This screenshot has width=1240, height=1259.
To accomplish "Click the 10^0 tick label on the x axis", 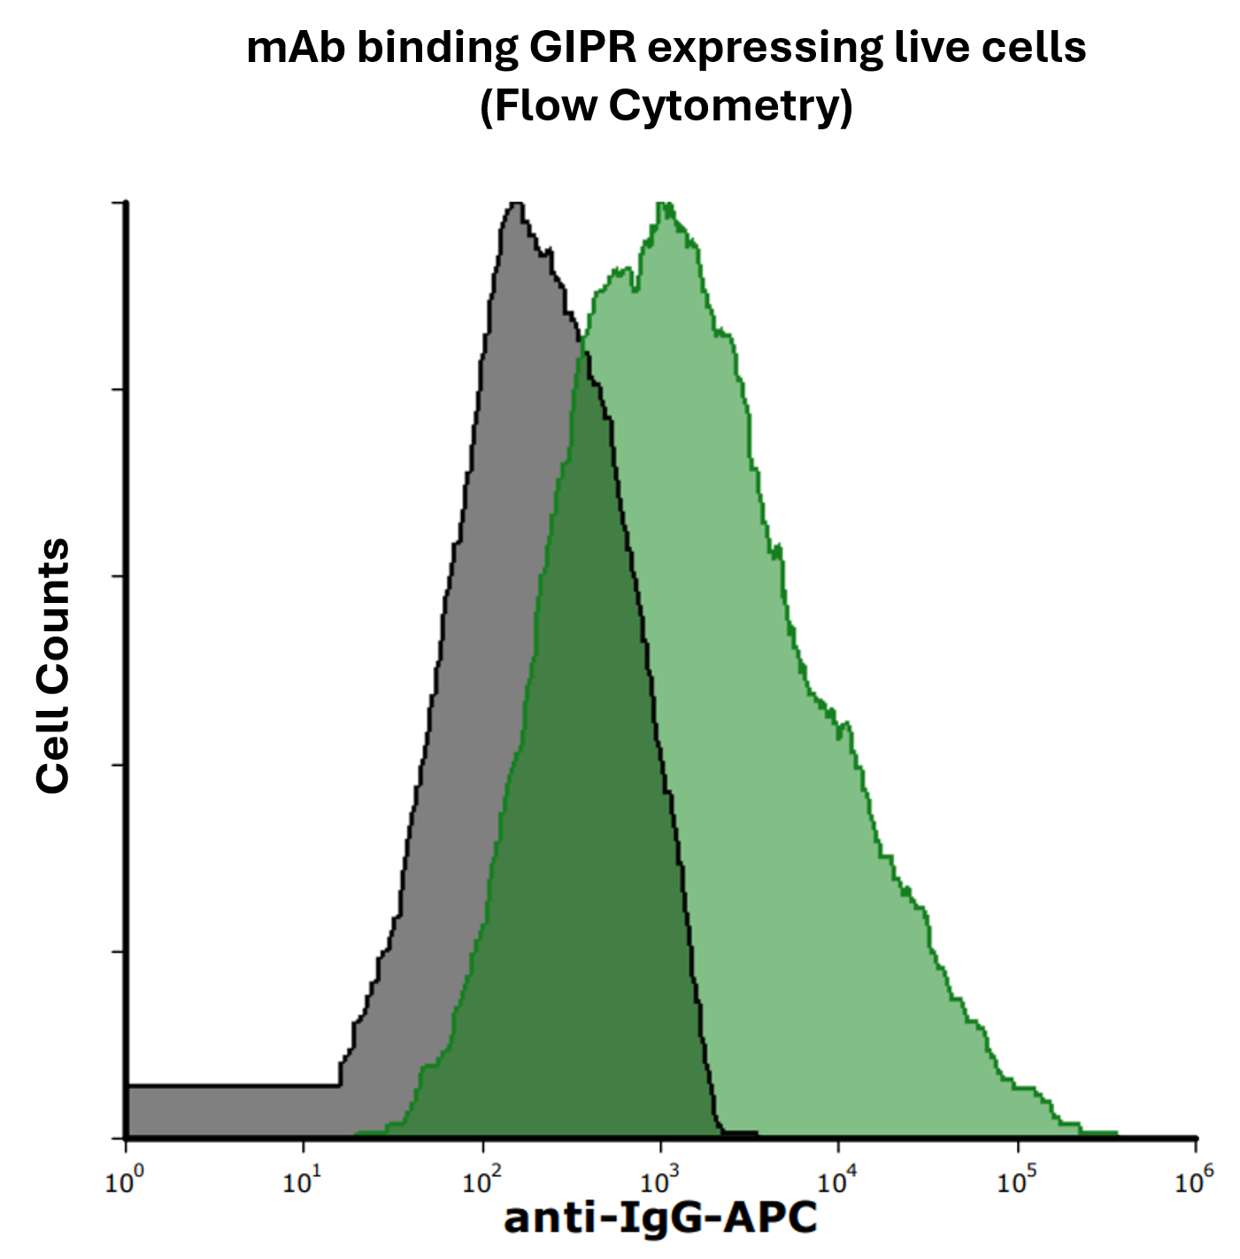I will pos(124,1181).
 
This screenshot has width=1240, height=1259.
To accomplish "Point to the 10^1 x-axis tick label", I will pos(302,1181).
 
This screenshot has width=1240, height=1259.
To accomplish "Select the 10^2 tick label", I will pos(481,1181).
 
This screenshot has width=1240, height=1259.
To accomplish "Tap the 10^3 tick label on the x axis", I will pos(659,1181).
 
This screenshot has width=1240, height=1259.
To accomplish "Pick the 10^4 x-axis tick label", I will pos(837,1181).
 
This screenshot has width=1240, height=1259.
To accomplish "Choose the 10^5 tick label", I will pos(1016,1181).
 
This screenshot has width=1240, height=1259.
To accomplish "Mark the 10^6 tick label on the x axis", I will pos(1194,1181).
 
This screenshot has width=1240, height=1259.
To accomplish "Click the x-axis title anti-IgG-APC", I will pos(660,1218).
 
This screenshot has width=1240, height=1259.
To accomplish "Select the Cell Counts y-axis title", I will pos(53,666).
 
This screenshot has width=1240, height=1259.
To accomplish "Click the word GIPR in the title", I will pos(582,48).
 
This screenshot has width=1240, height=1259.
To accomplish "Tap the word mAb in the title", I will pos(297,48).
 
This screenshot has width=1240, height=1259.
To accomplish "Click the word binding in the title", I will pos(437,50).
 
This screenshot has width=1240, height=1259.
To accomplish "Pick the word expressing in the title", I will pos(765,50).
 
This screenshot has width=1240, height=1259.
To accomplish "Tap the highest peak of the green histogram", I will pos(664,207).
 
